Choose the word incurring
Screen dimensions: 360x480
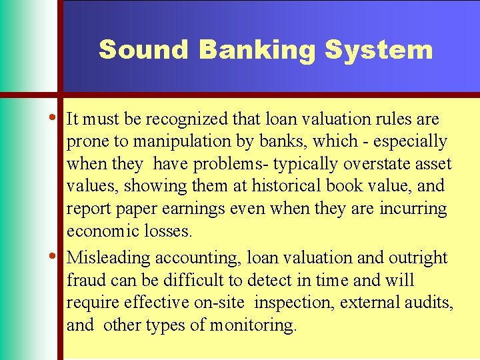point(413,209)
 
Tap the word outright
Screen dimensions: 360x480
point(418,257)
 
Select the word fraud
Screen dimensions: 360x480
point(85,280)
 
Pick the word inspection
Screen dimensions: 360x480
point(294,303)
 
